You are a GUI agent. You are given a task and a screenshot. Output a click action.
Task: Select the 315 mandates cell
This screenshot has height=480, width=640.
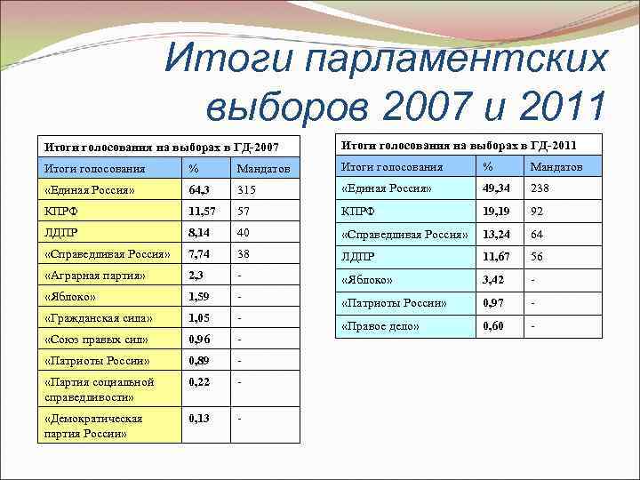pos(247,189)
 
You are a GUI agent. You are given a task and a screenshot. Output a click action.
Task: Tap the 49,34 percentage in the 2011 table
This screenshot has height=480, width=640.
pos(499,188)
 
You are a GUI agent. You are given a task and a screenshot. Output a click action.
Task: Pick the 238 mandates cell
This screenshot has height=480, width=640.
pos(541,188)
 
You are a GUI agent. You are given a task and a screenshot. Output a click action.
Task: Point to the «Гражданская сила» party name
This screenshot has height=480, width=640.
pos(99,318)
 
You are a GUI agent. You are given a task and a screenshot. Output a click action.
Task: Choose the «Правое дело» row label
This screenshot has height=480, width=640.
pos(380,326)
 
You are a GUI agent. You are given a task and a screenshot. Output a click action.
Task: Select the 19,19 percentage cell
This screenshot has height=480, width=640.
pos(497,212)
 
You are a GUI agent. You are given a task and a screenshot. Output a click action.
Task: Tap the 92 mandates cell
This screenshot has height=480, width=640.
pos(538,212)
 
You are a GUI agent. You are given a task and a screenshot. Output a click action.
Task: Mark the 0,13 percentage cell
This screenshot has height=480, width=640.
pos(201,418)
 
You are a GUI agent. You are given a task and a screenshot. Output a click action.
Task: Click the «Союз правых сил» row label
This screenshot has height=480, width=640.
pos(96,340)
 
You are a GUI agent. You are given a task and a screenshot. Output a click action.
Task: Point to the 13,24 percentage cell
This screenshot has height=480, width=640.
pos(498,235)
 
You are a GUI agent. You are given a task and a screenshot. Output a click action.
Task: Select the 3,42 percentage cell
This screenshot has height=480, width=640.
pos(495,281)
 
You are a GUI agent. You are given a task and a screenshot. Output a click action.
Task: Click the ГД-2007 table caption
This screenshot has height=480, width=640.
pos(162,146)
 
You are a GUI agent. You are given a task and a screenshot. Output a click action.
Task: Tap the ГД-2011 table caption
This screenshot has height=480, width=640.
pos(459,144)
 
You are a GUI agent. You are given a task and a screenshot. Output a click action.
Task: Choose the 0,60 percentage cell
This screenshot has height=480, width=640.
pos(495,326)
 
